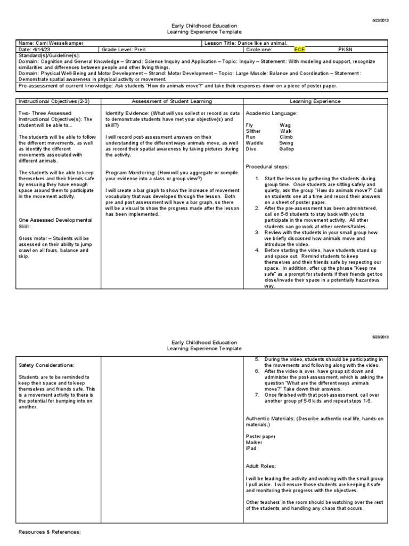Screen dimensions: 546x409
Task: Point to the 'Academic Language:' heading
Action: coord(271,114)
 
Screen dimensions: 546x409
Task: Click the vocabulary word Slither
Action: coord(253,131)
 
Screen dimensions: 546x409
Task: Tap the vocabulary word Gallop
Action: coord(287,149)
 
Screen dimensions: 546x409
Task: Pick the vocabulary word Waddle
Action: coord(254,143)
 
